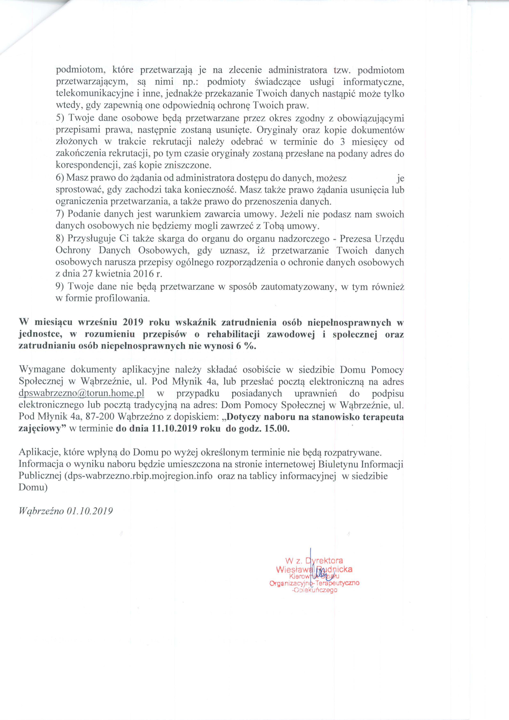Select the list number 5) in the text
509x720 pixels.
[x=61, y=118]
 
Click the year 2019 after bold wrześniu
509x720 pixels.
[x=134, y=322]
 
